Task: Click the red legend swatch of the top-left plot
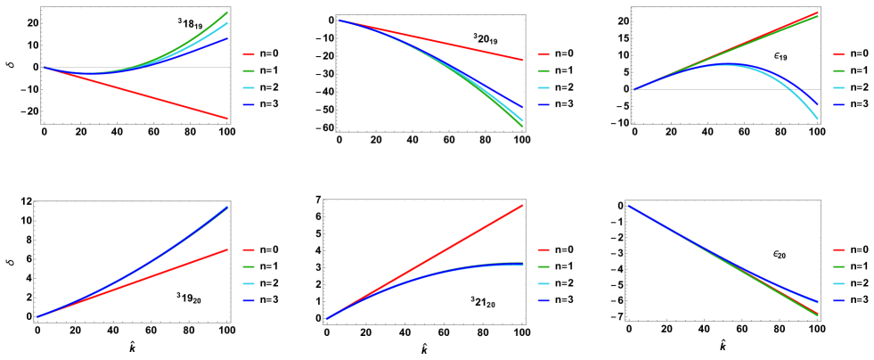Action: pos(248,54)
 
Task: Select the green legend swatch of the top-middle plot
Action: pos(543,71)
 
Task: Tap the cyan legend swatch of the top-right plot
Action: pos(837,88)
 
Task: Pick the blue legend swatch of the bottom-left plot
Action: pos(248,301)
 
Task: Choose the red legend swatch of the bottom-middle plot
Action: pos(543,250)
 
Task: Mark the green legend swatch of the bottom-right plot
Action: pos(837,267)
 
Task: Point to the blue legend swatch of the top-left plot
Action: pos(248,105)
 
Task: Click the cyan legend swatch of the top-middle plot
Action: pos(543,88)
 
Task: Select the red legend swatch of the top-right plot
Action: pos(837,54)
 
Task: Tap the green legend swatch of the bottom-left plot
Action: pos(248,267)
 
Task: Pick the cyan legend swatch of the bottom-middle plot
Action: pos(543,284)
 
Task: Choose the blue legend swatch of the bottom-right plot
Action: pos(837,301)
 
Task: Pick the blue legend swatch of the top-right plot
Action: pos(837,105)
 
